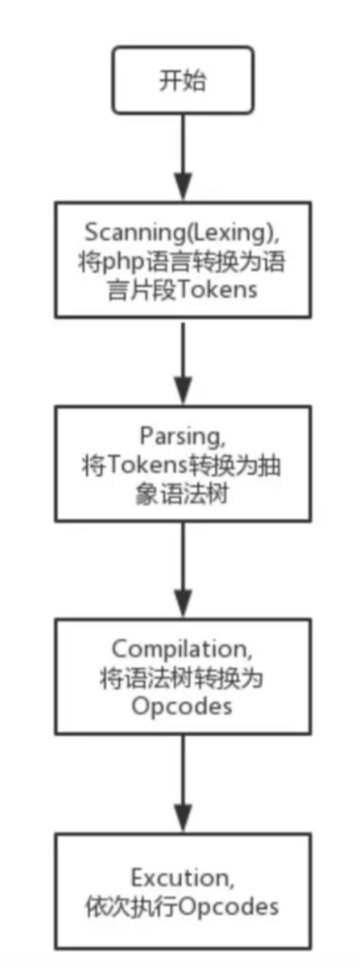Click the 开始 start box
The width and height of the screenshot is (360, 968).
182,79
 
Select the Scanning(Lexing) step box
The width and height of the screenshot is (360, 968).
182,258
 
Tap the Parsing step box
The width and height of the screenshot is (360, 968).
182,464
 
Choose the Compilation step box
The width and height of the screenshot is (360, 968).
182,674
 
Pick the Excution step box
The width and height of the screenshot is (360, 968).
182,892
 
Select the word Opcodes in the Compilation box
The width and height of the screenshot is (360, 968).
182,705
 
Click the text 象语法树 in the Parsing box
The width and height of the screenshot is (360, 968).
182,491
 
